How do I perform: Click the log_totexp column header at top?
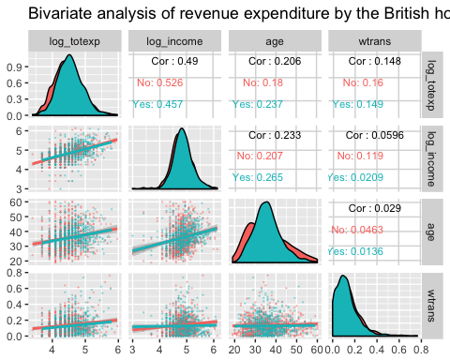pos(74,42)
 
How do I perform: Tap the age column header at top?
pos(274,42)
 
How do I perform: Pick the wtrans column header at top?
pos(373,42)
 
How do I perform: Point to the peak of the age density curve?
pos(268,203)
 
